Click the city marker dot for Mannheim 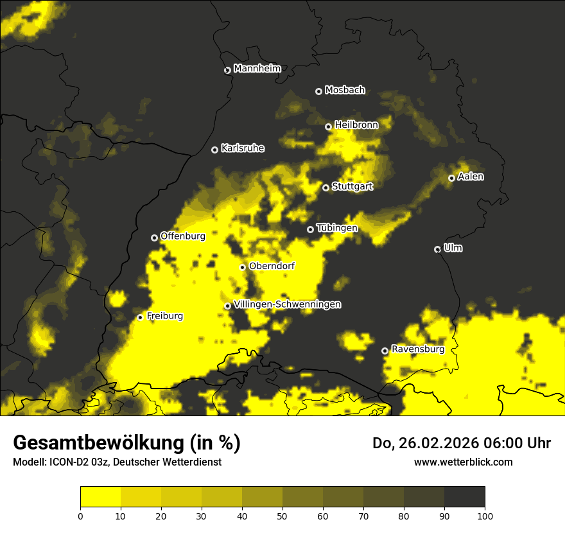(227, 71)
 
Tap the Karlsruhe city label (242, 148)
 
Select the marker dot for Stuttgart (326, 188)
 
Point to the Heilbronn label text (356, 125)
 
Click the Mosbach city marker (318, 91)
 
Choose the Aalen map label (471, 177)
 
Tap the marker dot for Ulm (437, 249)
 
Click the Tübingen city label (336, 228)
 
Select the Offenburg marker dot (154, 238)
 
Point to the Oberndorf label (272, 266)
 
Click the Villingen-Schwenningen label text (287, 304)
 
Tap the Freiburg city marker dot (140, 317)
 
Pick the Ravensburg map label (417, 349)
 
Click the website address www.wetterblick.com (463, 462)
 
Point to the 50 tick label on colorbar (282, 516)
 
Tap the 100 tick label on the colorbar (485, 516)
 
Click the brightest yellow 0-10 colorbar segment (101, 497)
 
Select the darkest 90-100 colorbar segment (464, 497)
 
